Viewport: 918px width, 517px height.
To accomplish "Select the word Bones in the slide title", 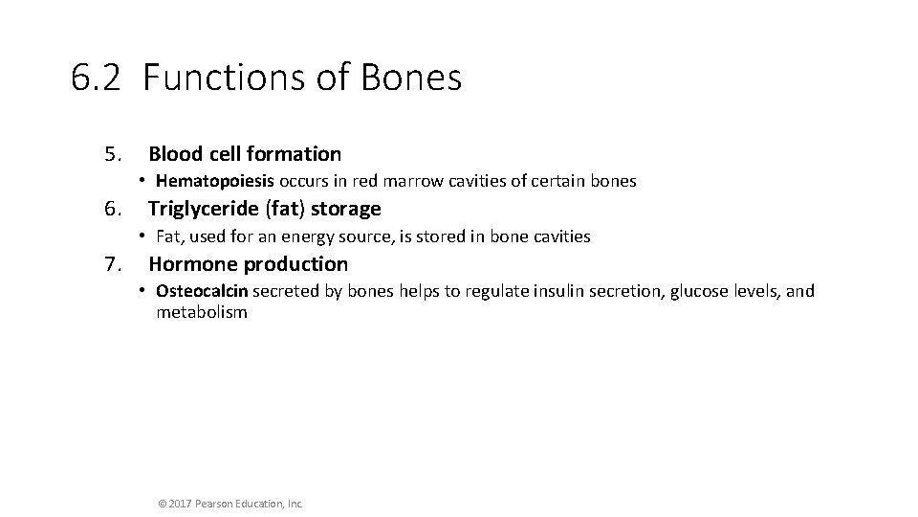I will pyautogui.click(x=411, y=78).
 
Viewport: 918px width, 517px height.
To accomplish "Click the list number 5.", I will pyautogui.click(x=114, y=154).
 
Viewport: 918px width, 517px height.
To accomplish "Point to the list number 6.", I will pyautogui.click(x=114, y=209).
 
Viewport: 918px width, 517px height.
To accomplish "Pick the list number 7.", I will pyautogui.click(x=114, y=264).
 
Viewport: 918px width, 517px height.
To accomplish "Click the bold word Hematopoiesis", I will pyautogui.click(x=215, y=181).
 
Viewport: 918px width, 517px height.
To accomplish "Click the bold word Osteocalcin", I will pyautogui.click(x=203, y=291).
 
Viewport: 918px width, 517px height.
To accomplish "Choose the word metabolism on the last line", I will pyautogui.click(x=202, y=312).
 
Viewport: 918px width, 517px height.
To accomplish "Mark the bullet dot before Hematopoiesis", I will pyautogui.click(x=141, y=181).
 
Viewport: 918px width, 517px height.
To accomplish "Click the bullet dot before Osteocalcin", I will pyautogui.click(x=141, y=291).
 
